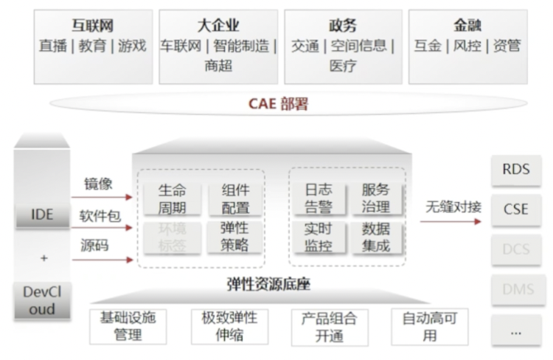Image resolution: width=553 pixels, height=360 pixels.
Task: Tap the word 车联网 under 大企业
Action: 181,46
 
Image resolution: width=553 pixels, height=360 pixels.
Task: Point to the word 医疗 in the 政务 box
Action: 343,66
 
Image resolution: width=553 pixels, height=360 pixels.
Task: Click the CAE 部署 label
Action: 277,103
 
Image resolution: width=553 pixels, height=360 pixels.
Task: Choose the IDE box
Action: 42,215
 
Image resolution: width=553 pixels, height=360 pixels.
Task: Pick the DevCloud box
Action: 42,300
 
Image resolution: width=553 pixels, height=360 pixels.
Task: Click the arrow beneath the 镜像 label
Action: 102,198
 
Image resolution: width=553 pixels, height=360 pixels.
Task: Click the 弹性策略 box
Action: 234,238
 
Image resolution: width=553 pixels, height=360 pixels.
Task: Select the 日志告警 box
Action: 318,198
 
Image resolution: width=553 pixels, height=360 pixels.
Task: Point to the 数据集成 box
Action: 376,238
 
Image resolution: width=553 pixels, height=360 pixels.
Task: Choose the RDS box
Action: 516,170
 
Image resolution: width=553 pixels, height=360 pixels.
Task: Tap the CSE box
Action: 516,209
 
